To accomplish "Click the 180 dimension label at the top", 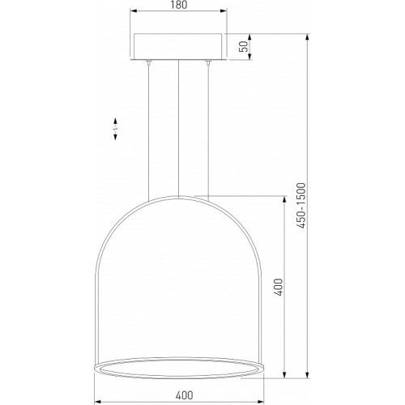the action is [179, 5].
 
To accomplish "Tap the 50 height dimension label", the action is [244, 46].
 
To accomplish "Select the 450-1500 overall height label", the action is [301, 206].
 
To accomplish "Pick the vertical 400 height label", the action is [279, 287].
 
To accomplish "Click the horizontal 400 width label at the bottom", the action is [185, 395].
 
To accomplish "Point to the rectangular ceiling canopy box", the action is [178, 47].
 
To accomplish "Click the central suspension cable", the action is [178, 129].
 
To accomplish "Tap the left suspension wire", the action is [148, 132].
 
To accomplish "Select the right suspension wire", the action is [208, 132].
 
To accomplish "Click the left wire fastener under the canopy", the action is [148, 62].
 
